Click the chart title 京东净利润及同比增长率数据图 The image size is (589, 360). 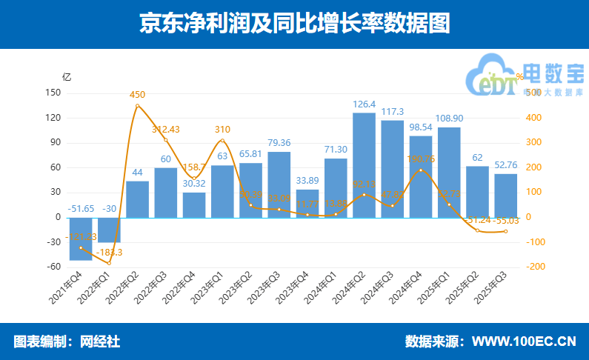(294, 24)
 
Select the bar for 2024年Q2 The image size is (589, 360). (364, 165)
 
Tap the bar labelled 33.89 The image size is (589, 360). (307, 204)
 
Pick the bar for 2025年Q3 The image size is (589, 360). (506, 196)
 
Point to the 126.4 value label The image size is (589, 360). (364, 104)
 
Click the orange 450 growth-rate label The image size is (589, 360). (138, 95)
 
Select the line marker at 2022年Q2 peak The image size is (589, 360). (138, 106)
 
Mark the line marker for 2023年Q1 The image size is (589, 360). (222, 141)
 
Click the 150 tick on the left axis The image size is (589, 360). (53, 93)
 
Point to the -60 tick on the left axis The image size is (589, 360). (53, 267)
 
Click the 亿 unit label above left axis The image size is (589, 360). (67, 76)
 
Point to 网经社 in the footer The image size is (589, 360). (101, 341)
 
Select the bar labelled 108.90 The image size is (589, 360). (449, 173)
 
